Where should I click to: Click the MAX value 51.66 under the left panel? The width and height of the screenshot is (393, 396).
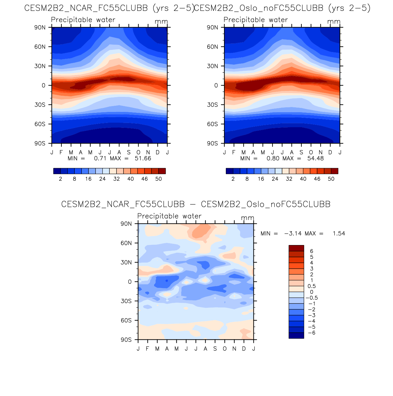coord(143,159)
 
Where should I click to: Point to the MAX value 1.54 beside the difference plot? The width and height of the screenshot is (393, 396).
coord(339,234)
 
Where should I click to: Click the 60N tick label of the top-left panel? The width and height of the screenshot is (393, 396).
coord(40,47)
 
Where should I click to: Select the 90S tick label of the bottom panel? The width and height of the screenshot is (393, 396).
coord(126,340)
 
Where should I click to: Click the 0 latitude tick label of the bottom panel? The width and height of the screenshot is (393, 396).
coord(130,282)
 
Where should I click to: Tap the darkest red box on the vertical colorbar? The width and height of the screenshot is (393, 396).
coord(296,248)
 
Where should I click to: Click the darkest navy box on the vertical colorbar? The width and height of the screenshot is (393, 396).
coord(296,335)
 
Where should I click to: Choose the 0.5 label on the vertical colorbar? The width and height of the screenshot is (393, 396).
coord(312,286)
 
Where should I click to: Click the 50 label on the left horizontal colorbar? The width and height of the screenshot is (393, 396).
coord(159,179)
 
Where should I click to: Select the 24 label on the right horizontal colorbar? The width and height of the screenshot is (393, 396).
coord(275,179)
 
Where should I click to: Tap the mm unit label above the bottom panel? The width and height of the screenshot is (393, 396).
coord(247,218)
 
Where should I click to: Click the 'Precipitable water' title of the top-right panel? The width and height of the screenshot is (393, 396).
coord(256,20)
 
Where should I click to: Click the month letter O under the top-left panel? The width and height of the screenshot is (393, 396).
coord(138,152)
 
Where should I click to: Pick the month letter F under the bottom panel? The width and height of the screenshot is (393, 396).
coord(147,349)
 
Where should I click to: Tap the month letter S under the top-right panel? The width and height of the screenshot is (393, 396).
coord(301,152)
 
